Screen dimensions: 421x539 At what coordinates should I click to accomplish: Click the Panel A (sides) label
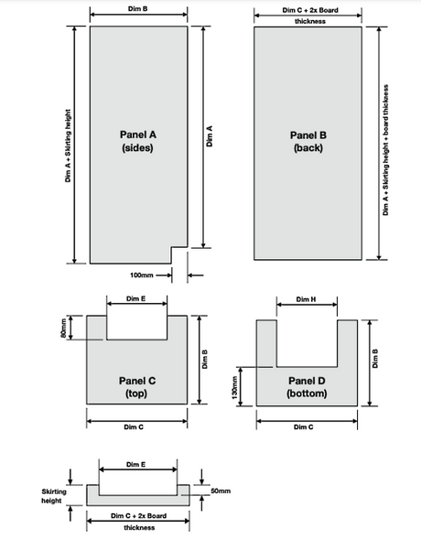coord(138,141)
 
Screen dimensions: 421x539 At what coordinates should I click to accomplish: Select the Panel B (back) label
coord(308,141)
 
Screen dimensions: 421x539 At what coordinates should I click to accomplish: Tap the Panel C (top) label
coord(137,387)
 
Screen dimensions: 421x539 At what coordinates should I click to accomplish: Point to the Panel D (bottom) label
coord(307,387)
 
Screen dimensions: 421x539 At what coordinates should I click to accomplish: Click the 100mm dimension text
coord(141,275)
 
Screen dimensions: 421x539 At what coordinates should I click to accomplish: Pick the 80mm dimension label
coord(63,328)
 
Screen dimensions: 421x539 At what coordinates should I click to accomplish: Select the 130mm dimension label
coord(234,387)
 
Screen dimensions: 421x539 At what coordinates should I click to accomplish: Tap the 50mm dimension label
coord(221,490)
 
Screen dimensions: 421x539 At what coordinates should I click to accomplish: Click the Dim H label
coord(306,299)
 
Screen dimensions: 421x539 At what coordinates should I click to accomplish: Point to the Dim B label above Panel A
coord(138,8)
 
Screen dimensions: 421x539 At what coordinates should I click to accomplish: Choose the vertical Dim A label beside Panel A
coord(210,136)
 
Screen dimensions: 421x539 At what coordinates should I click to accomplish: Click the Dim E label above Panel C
coord(135,298)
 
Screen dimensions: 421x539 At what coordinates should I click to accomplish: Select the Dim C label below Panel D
coord(304,427)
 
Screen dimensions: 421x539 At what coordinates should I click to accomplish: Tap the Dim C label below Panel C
coord(134,427)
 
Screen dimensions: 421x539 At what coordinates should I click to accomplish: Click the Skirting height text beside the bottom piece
coord(54,496)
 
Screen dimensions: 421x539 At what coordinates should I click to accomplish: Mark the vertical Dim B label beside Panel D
coord(375,359)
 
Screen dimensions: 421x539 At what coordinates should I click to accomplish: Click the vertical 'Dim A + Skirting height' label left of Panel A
coord(68,146)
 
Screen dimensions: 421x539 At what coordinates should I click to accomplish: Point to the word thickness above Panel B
coord(310,21)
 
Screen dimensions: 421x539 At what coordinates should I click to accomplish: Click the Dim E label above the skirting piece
coord(135,464)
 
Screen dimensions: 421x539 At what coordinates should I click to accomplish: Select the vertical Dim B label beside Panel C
coord(204,360)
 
